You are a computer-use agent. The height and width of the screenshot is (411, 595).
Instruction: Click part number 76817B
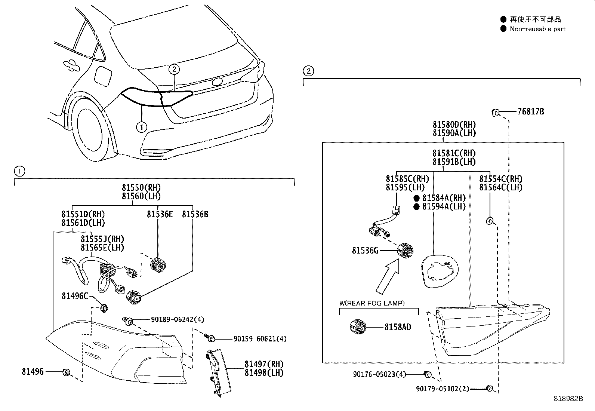pos(530,111)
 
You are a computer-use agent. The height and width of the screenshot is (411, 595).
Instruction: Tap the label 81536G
pos(365,250)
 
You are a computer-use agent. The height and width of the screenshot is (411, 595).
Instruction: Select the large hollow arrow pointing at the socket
pos(388,277)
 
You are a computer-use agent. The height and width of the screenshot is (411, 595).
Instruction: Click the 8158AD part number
pos(398,327)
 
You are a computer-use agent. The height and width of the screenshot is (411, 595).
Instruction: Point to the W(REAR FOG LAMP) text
pos(372,303)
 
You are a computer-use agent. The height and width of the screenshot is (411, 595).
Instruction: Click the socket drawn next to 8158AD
pos(358,327)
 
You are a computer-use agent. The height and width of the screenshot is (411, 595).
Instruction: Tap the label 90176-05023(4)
pos(379,374)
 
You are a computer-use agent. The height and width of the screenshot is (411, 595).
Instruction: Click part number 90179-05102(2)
pos(442,389)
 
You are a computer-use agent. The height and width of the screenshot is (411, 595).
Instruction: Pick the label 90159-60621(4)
pos(260,339)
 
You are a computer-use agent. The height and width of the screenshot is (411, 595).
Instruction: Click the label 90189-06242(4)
pos(178,320)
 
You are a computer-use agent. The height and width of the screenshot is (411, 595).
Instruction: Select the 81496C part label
pos(75,296)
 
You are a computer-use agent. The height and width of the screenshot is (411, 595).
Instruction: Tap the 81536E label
pos(160,214)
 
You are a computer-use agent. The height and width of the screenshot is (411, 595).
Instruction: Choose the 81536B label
pos(195,214)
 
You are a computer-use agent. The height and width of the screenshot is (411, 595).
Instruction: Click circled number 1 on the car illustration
pos(141,127)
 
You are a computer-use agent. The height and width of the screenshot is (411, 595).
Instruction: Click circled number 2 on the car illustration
pos(174,69)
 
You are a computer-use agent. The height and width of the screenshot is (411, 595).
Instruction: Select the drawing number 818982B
pos(568,399)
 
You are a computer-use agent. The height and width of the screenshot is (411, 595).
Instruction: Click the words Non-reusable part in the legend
pos(537,29)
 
